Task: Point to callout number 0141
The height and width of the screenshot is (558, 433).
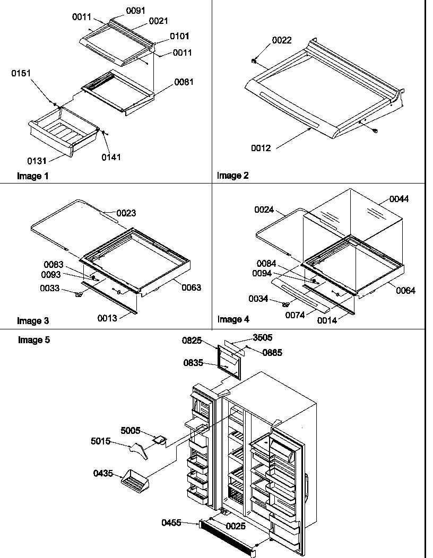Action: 111,156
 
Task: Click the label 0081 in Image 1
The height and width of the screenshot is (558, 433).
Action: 184,82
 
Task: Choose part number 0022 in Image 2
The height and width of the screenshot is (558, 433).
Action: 282,40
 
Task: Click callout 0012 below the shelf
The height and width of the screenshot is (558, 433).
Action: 261,148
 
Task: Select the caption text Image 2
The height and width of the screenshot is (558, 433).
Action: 232,176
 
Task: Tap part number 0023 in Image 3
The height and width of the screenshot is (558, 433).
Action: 126,213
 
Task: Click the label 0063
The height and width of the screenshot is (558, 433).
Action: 192,288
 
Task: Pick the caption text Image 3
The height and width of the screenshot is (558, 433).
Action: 33,320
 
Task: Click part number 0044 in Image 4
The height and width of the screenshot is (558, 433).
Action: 399,199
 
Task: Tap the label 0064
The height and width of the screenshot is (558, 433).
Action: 405,290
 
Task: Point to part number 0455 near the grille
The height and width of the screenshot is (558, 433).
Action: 172,523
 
